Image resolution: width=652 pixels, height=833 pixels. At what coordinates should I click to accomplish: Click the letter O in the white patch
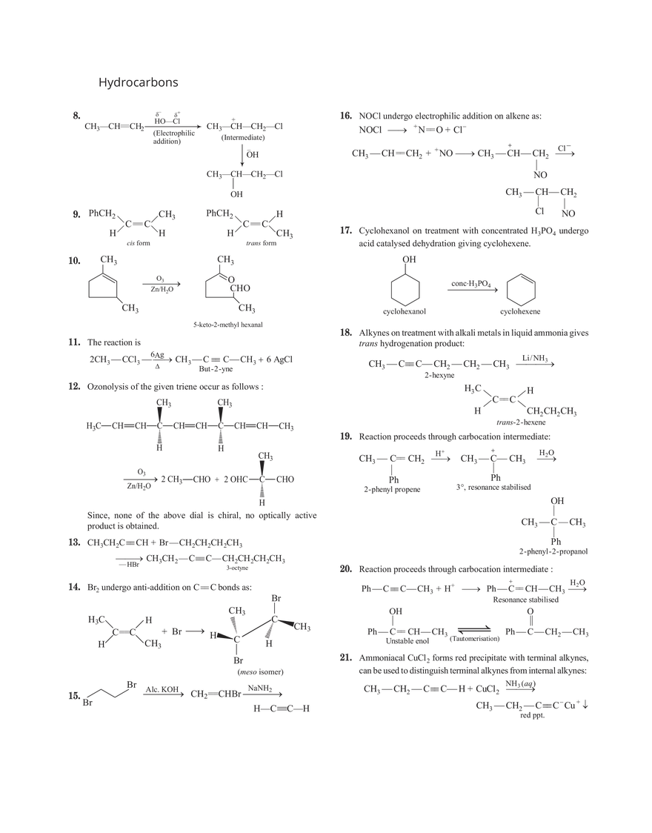click(231, 279)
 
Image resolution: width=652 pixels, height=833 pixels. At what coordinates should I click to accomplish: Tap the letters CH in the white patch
click(236, 288)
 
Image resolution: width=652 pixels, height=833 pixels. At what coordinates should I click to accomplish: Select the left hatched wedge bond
click(235, 625)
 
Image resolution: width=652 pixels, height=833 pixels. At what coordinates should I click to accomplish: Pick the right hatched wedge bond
click(270, 630)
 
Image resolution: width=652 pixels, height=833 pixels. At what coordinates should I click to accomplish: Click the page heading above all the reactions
click(139, 82)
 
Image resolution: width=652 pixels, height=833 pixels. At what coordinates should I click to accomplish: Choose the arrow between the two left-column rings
click(163, 286)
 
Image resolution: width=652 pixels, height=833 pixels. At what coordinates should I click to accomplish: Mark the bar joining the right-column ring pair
click(471, 288)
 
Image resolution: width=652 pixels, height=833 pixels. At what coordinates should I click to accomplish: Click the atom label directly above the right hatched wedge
click(276, 599)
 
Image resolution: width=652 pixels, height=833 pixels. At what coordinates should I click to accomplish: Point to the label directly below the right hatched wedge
click(268, 647)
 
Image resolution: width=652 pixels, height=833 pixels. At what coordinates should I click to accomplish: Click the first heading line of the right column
click(442, 117)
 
